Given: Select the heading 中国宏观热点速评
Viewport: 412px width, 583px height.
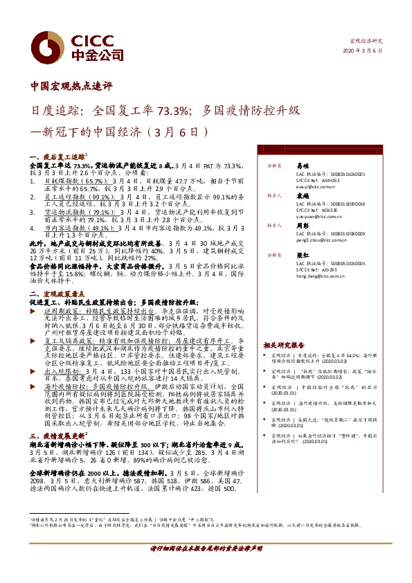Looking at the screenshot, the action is tap(71, 87).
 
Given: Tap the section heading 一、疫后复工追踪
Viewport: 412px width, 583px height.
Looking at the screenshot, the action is tap(57, 158).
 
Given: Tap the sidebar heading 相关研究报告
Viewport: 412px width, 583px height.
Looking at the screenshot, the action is tap(284, 344).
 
